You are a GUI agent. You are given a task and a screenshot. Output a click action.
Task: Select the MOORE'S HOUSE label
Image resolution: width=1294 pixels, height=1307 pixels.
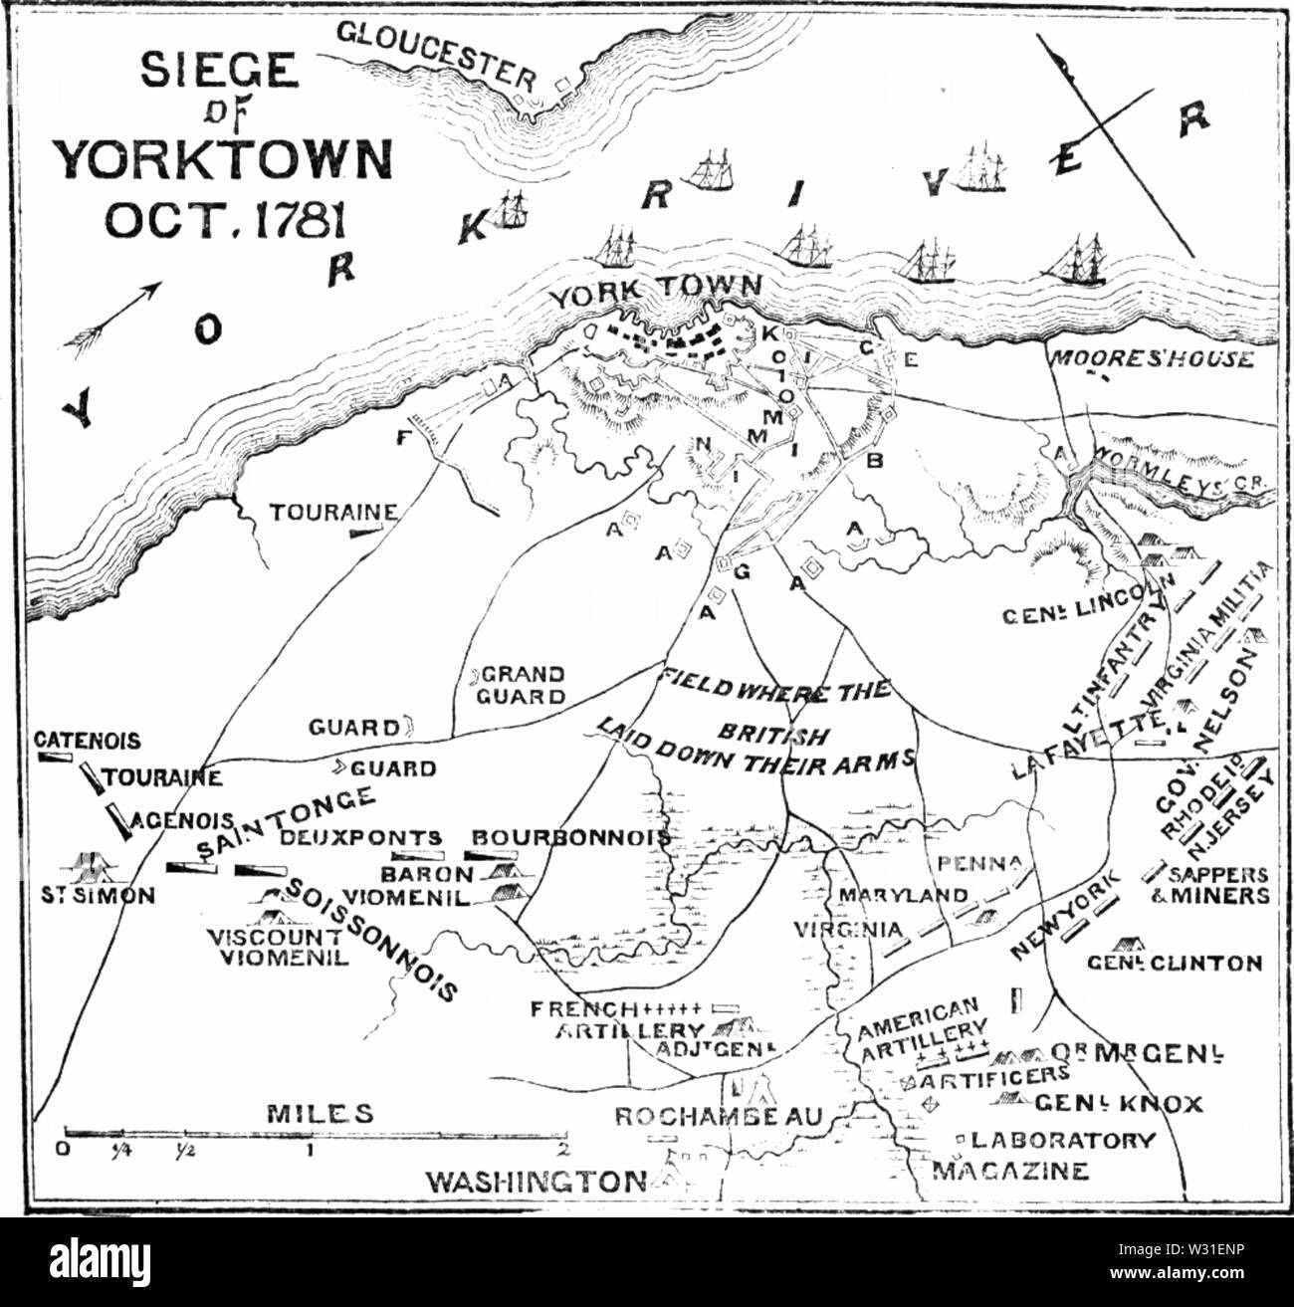[x=1150, y=358]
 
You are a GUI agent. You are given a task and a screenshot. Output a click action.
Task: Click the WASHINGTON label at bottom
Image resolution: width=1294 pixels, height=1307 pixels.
[x=536, y=1182]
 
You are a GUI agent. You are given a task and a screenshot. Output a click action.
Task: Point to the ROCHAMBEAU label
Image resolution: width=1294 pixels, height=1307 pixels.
[x=718, y=1117]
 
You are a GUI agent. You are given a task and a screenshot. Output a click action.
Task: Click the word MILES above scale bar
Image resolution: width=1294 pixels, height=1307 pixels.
[x=321, y=1112]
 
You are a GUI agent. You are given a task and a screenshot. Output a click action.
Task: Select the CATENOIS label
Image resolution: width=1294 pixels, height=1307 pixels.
[x=88, y=741]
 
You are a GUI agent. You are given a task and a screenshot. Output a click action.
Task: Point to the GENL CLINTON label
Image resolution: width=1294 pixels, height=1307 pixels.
[x=1174, y=963]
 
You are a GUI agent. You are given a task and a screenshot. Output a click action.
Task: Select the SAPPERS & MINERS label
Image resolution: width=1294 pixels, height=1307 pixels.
[x=1218, y=885]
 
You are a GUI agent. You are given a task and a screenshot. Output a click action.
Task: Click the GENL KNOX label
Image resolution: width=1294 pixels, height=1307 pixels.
[x=1118, y=1103]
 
